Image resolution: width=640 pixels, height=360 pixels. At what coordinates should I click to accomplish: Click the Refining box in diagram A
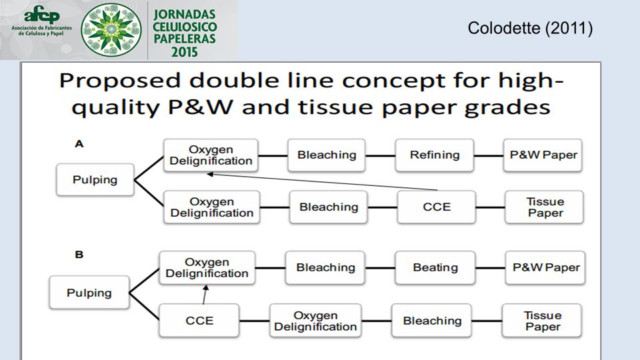pos(434,155)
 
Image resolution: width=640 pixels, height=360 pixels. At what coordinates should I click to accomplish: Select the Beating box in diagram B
pos(435,268)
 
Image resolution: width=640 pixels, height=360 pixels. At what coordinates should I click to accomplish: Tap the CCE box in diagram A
pos(436,207)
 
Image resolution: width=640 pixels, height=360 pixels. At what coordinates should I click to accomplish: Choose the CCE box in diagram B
pos(199,321)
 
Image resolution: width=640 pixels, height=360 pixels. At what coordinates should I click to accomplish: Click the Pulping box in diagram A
pos(95,179)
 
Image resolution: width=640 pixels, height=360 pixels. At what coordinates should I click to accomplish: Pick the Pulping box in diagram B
pos(89,293)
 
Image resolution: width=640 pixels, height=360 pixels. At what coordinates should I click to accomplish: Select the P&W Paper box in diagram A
pos(543,155)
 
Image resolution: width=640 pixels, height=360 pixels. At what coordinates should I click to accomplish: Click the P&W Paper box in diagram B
pos(545,268)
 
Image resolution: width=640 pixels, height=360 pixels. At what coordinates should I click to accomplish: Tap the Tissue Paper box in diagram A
pos(545,207)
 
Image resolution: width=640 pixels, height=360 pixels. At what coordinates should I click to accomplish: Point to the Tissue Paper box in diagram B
pos(542,321)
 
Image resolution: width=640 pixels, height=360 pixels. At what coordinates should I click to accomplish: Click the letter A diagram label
pos(79,144)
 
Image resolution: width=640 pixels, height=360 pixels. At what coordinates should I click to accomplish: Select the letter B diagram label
pos(79,255)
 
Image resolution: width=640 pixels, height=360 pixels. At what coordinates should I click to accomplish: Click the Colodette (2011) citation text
pos(530,28)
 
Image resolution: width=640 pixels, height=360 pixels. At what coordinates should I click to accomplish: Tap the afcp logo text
pos(41,15)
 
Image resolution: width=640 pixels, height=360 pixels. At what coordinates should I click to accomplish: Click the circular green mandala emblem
pos(111,29)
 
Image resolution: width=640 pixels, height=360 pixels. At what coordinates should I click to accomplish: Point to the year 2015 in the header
pos(185,52)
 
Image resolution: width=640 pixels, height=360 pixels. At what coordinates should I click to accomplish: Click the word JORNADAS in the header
pos(185,14)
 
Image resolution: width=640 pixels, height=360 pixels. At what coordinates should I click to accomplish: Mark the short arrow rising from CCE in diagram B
pos(205,294)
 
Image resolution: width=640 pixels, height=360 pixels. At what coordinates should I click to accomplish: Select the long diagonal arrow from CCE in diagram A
pos(322,182)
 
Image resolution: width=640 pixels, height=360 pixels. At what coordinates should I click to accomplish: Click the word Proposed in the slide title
pos(119,81)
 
